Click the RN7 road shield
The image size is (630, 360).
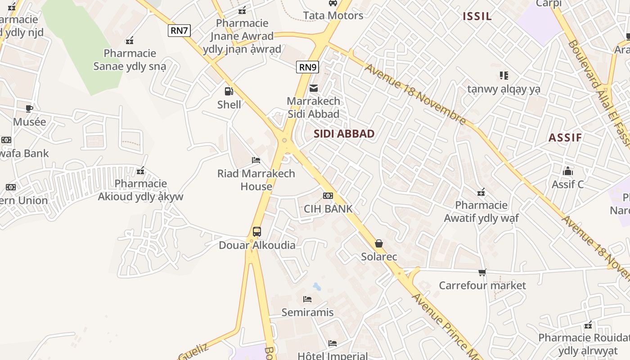point(180,31)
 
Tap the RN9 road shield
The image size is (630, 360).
point(308,67)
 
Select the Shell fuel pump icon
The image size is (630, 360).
point(229,91)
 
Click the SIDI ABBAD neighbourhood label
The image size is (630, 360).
point(344,134)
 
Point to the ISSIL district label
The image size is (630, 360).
point(477,17)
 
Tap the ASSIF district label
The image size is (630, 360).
point(565,138)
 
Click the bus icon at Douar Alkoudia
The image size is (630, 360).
point(257,232)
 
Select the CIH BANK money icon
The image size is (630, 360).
point(328,196)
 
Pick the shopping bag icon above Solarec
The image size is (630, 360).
point(379,243)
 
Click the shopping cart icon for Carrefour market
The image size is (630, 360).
point(482,272)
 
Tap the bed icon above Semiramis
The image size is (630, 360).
point(307,299)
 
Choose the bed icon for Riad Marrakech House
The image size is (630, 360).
point(256,160)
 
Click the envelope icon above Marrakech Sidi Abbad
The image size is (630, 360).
point(314,88)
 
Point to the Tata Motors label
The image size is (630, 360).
point(333,16)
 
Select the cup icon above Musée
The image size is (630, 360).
point(29,108)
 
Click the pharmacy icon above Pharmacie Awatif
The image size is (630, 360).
point(481,193)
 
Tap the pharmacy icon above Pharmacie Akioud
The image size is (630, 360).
point(140,171)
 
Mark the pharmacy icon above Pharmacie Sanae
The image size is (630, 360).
point(130,40)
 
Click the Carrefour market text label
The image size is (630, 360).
point(482,285)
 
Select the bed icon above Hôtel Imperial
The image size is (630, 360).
point(333,343)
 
